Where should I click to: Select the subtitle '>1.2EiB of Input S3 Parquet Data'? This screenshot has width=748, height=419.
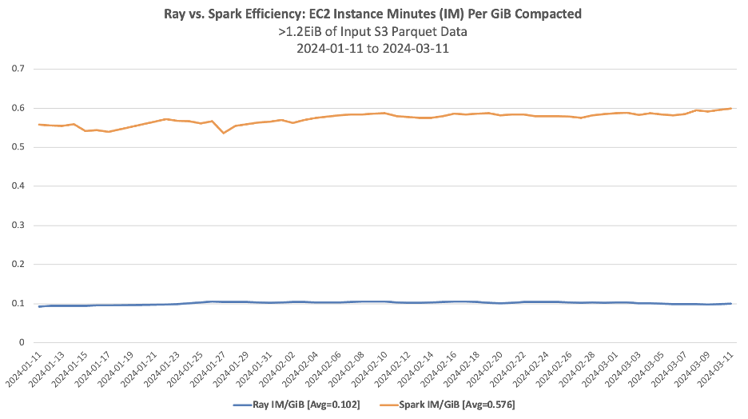click(x=373, y=32)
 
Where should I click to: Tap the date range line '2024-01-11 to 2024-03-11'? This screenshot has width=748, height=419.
click(x=373, y=49)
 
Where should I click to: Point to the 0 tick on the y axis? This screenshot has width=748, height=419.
click(x=22, y=343)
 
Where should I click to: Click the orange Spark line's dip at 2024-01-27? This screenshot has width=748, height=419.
click(x=224, y=133)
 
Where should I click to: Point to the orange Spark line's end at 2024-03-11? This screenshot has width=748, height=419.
click(x=731, y=108)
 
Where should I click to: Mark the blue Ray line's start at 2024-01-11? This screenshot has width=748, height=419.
click(x=39, y=306)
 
